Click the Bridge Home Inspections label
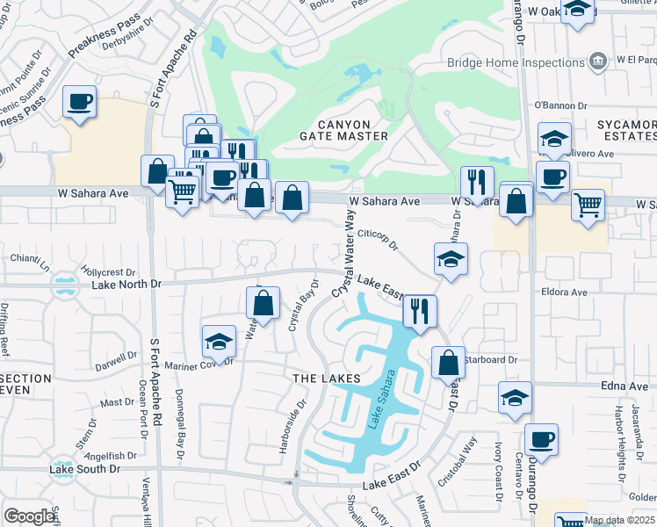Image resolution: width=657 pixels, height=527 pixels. click(515, 61)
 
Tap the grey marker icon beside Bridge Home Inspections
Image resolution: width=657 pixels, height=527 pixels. click(599, 61)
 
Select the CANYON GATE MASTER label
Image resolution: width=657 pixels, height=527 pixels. click(343, 130)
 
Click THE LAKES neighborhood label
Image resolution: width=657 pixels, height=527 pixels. click(326, 378)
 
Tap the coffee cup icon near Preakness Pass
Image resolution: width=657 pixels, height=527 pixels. click(79, 104)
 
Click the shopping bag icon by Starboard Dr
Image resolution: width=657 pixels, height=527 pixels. click(448, 361)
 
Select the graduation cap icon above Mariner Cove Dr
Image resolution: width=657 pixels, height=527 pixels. click(219, 340)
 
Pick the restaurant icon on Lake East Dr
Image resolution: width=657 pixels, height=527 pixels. click(419, 310)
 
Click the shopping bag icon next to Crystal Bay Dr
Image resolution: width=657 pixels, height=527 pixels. click(263, 303)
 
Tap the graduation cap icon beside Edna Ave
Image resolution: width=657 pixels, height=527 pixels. click(515, 397)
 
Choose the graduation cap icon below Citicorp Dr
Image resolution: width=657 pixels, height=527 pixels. click(451, 258)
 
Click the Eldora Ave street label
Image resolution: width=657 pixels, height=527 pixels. click(565, 291)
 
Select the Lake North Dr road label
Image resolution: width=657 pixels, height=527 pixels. click(127, 285)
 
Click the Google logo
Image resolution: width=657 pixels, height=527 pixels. click(29, 516)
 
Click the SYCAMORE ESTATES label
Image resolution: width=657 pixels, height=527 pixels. click(626, 131)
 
